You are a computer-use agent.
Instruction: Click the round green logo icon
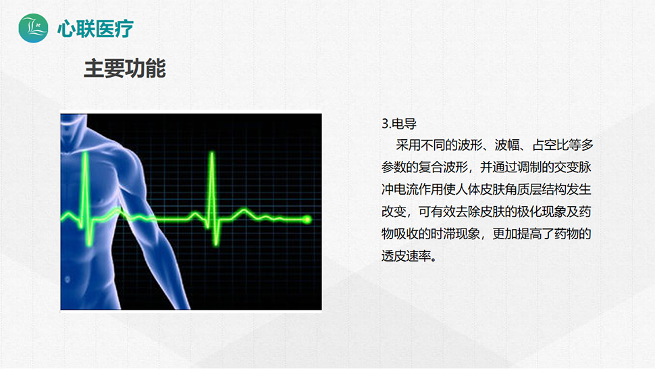pos(33,28)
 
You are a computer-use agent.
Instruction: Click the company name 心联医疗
pos(95,29)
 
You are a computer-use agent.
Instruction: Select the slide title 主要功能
pos(125,68)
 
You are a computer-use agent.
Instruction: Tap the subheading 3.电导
pos(399,124)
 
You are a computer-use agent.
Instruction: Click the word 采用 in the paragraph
pos(408,145)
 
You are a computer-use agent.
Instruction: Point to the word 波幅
pos(507,145)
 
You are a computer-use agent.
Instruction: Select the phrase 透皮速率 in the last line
pos(406,255)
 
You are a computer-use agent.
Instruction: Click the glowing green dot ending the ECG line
pos(307,220)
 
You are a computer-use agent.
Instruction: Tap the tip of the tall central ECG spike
pos(212,153)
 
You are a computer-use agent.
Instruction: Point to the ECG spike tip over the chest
pos(85,153)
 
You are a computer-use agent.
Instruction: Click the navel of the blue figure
pos(68,279)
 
